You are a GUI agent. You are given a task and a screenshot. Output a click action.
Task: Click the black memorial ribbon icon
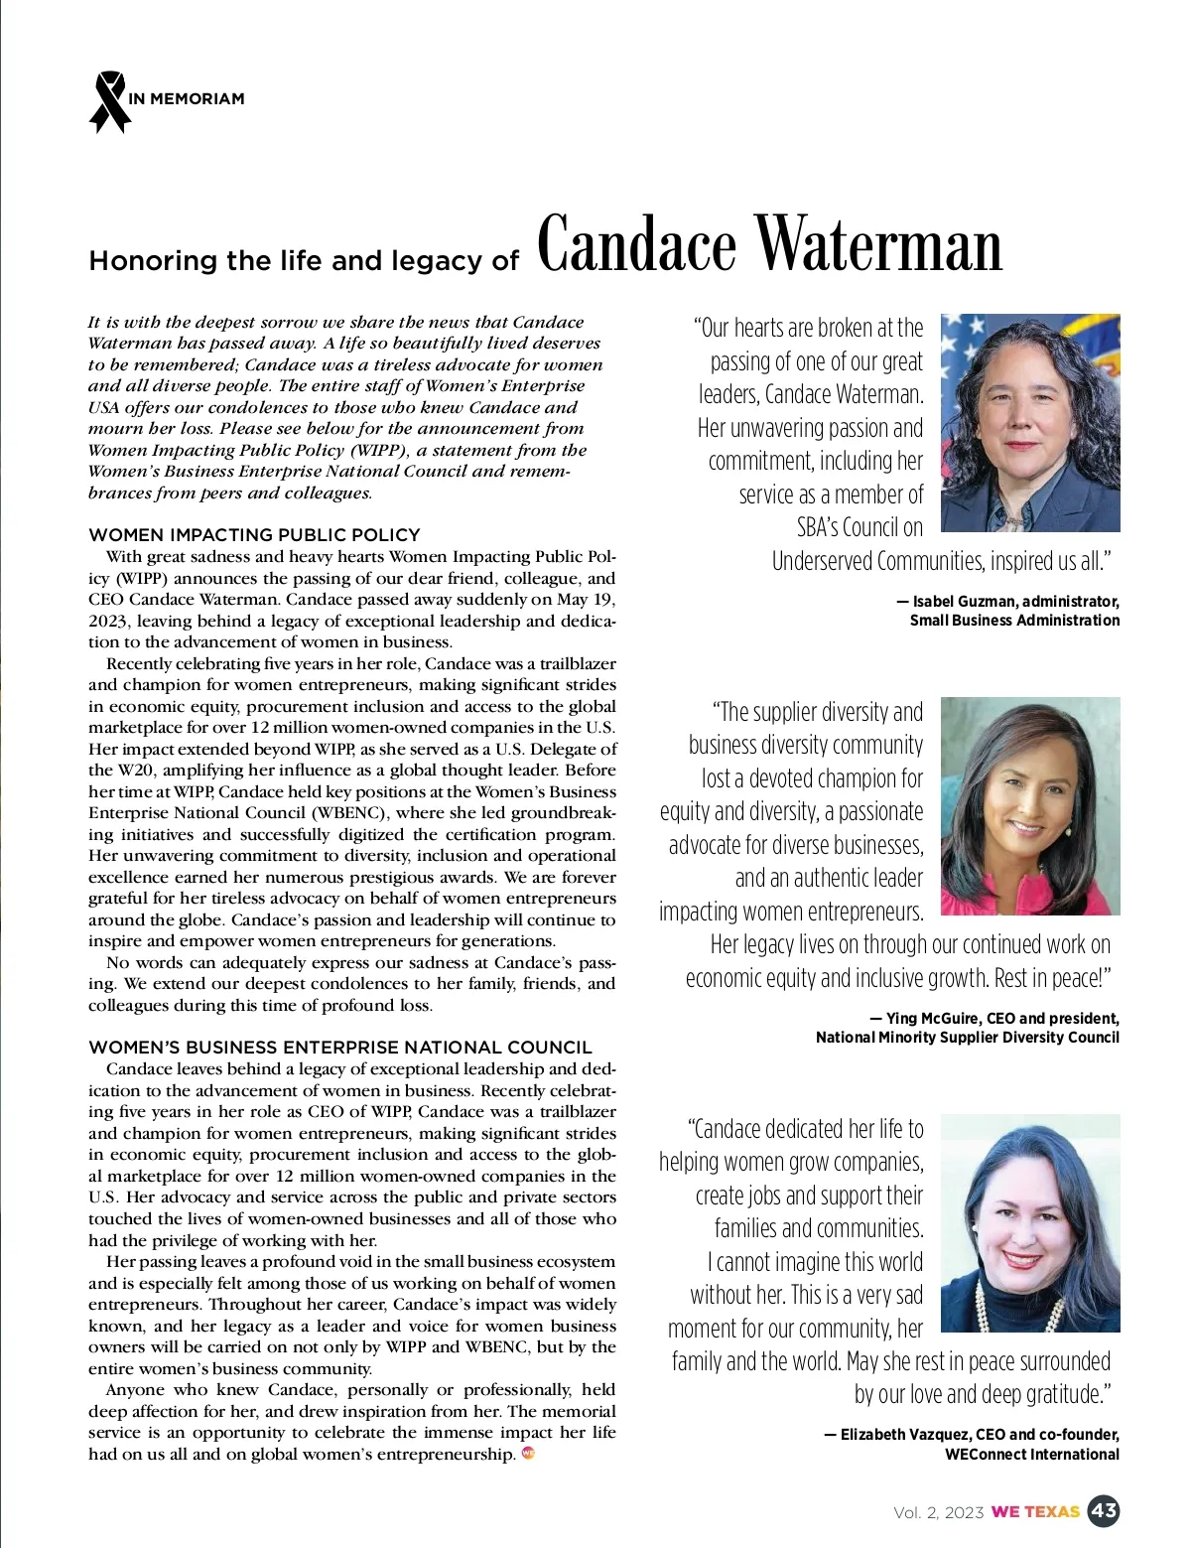click(109, 101)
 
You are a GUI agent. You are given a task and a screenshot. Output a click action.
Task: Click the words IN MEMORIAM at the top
click(187, 99)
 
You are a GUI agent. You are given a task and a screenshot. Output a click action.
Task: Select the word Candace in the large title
click(637, 244)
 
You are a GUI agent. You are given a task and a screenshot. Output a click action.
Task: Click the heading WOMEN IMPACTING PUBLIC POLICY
click(254, 534)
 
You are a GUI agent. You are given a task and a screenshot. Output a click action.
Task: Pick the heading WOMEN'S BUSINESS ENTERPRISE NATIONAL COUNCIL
click(339, 1047)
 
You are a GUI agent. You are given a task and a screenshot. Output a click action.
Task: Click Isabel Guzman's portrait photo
click(1029, 423)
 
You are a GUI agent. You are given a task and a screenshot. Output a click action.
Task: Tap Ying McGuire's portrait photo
click(1029, 805)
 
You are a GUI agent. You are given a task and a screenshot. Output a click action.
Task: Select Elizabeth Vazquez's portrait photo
click(1029, 1222)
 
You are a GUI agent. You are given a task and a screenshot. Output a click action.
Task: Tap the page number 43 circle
click(1104, 1511)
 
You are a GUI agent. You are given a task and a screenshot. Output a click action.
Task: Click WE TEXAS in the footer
click(1035, 1512)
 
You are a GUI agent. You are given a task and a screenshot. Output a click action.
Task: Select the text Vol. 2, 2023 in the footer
click(938, 1512)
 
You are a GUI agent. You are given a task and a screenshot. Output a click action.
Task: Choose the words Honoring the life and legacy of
click(304, 260)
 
